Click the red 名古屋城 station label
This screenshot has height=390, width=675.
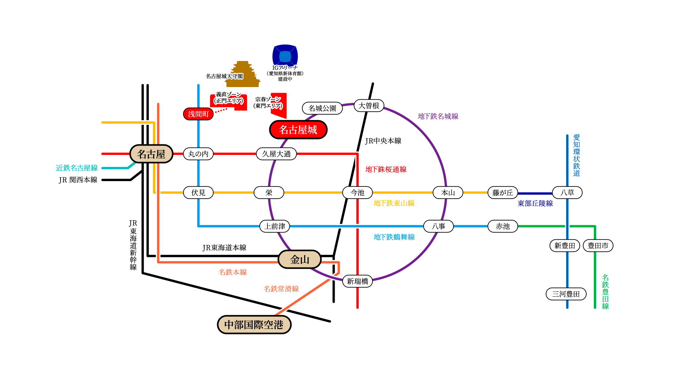point(298,130)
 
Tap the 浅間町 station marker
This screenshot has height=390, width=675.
point(198,114)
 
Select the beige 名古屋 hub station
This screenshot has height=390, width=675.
point(151,154)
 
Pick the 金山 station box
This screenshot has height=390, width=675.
point(300,260)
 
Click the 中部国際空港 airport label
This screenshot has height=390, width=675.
point(254,325)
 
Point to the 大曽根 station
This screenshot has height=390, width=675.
point(369,106)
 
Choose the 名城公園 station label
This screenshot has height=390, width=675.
point(322,108)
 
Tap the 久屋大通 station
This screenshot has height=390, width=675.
point(276,154)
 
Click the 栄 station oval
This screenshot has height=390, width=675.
point(269,193)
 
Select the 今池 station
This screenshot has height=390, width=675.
point(358,193)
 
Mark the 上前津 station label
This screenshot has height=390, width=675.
point(275,226)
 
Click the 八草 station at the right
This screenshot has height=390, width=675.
point(567,193)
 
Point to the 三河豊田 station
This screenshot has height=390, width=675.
point(566,294)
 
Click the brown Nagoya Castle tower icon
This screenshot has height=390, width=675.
point(243,74)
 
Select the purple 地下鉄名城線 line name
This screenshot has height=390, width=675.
point(438,116)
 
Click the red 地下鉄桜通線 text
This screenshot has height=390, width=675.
point(386,170)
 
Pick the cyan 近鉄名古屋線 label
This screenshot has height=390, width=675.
point(77,168)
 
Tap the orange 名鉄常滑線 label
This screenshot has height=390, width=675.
point(281,289)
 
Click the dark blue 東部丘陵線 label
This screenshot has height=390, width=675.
point(535,204)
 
